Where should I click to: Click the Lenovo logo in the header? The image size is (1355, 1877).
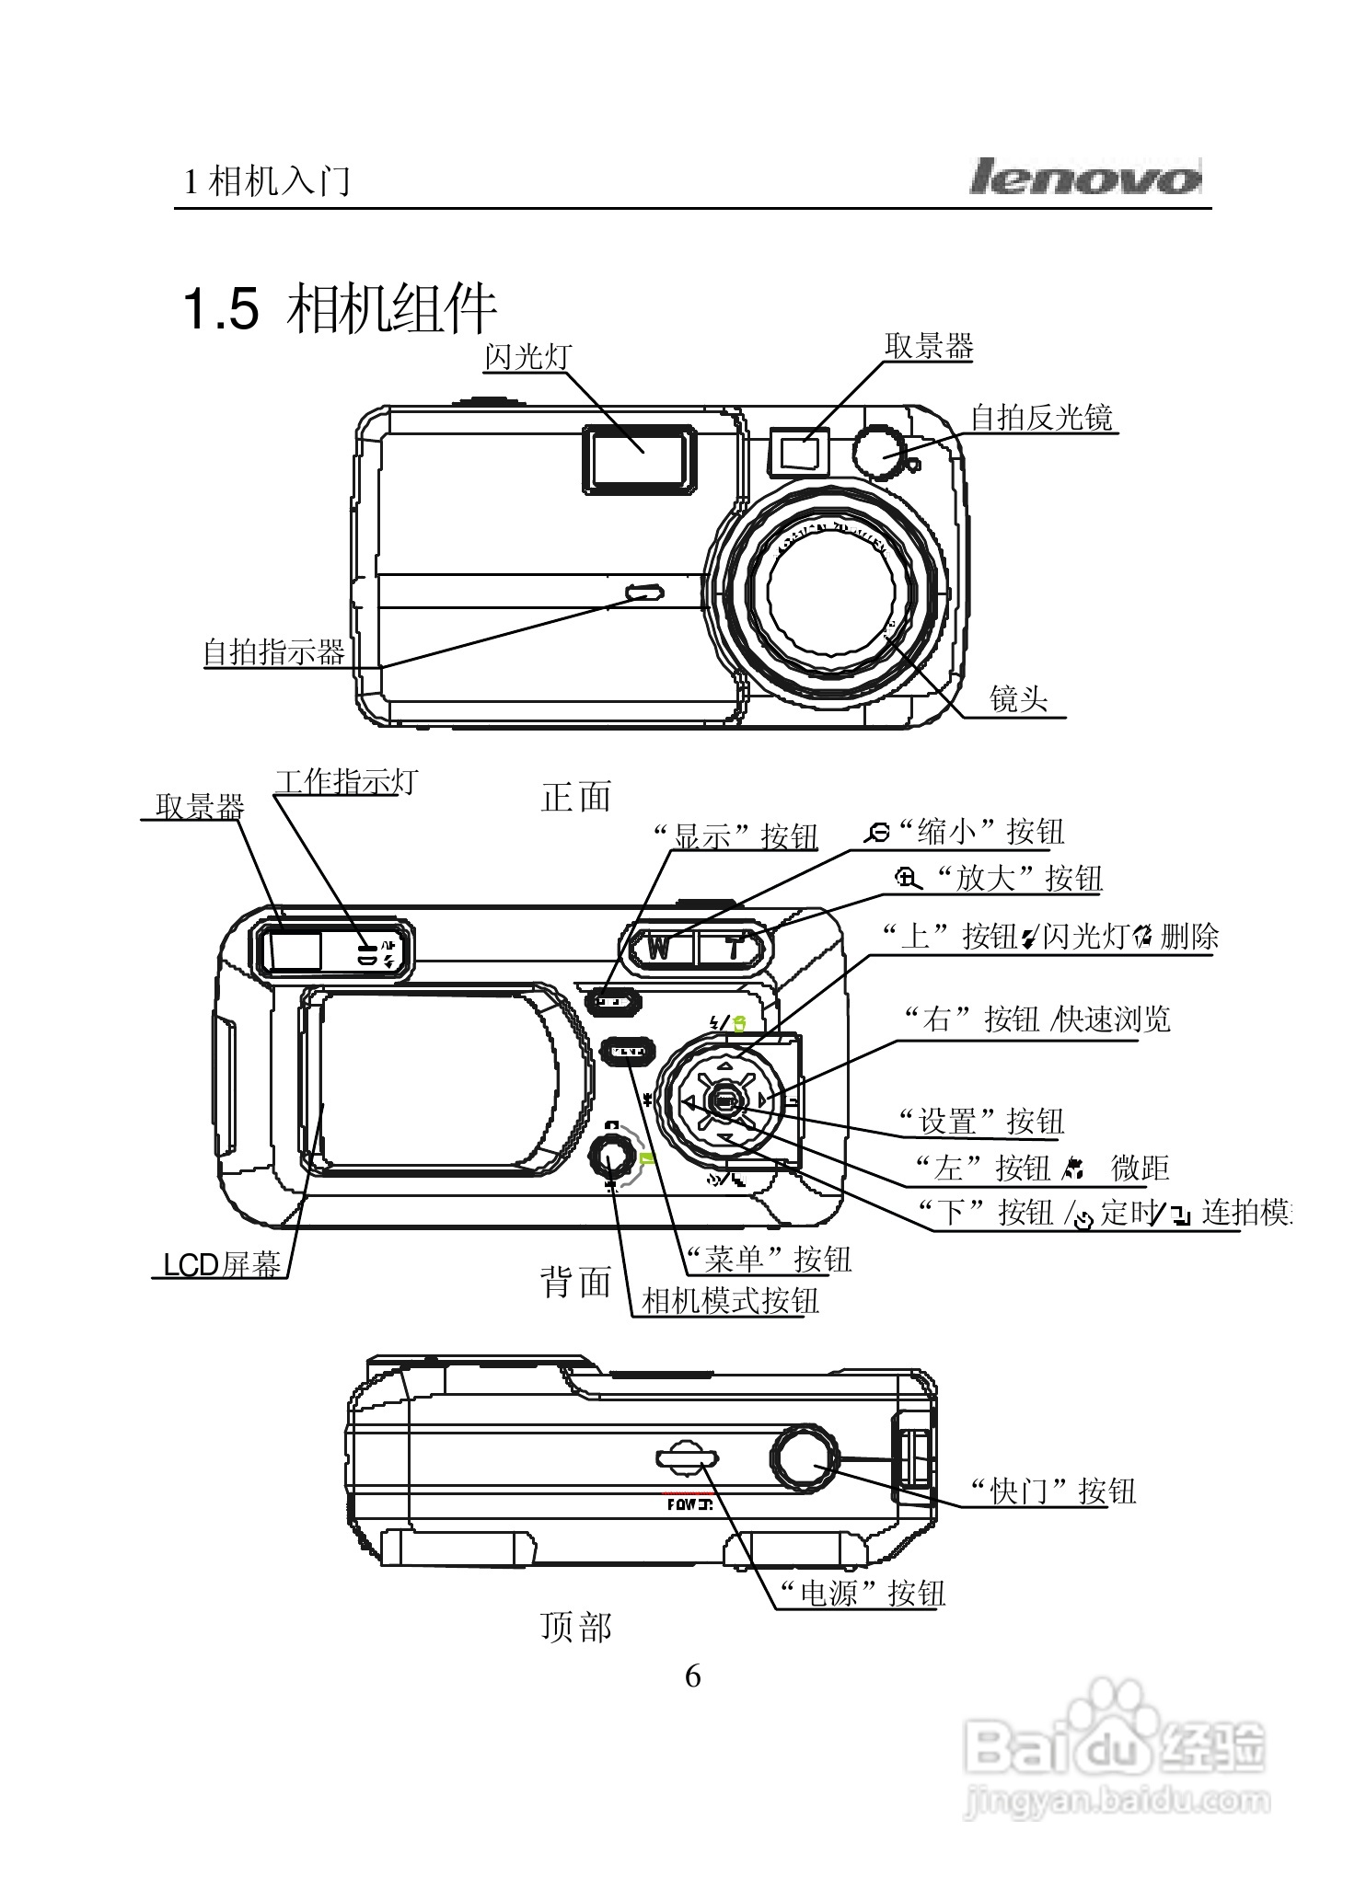tap(1084, 177)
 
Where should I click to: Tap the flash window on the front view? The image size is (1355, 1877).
tap(638, 459)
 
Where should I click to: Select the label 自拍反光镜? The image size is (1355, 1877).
tap(1041, 418)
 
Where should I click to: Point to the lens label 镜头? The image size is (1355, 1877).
tap(1018, 698)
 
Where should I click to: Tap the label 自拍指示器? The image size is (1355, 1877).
tap(273, 652)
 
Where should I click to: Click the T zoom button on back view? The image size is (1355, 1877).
tap(732, 947)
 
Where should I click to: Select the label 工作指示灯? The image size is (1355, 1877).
tap(345, 782)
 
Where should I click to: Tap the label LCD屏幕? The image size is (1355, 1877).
tap(221, 1265)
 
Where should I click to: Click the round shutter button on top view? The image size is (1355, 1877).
tap(805, 1458)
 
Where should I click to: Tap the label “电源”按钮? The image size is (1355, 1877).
tap(861, 1593)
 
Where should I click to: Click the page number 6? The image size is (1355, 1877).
tap(692, 1675)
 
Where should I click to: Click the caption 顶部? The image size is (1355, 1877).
tap(575, 1627)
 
